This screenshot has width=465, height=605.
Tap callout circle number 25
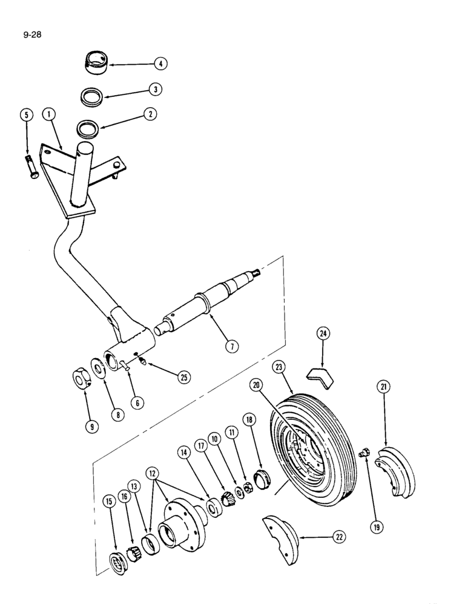tap(183, 377)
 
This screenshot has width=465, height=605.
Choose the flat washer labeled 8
tap(97, 369)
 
